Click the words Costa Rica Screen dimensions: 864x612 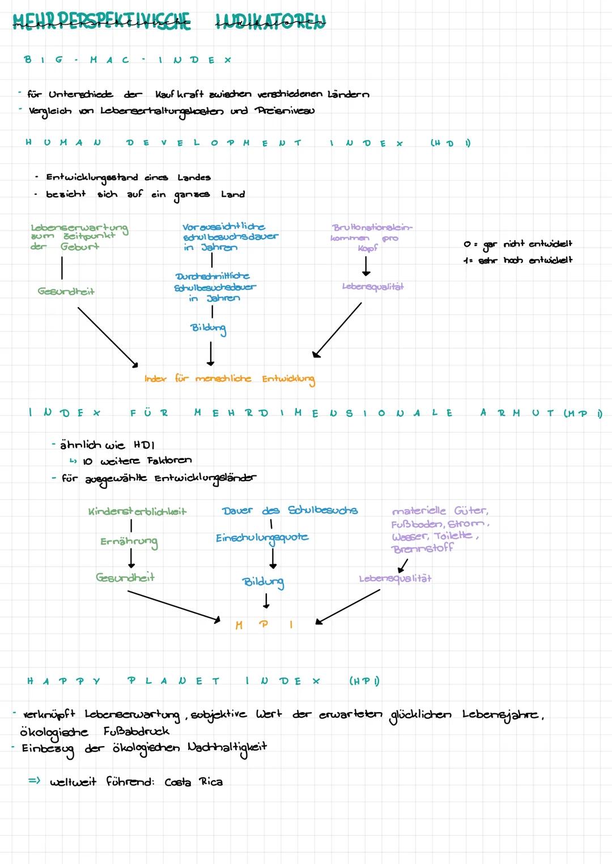coord(193,782)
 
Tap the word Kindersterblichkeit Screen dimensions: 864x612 coord(137,512)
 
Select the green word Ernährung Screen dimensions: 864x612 coord(129,542)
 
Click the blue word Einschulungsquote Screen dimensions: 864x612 coord(262,538)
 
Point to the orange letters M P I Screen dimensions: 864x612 coord(263,625)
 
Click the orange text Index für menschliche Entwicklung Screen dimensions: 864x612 coord(229,378)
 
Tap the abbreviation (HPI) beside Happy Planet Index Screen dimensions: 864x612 coord(364,681)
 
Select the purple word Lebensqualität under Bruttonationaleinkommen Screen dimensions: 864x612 coord(373,287)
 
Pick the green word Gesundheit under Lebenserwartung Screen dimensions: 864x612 coord(66,291)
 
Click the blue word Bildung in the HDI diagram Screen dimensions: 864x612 coord(208,328)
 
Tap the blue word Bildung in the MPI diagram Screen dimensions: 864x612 coord(263,582)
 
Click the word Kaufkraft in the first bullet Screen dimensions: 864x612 coord(178,94)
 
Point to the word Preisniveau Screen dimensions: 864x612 coord(284,110)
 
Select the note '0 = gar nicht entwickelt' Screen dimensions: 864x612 coord(517,244)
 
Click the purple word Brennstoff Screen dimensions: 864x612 coord(422,548)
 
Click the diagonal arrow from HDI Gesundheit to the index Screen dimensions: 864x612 coord(108,337)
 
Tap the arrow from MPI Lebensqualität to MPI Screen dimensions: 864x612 coord(347,607)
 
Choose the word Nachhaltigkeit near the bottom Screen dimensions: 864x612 coord(227,748)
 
